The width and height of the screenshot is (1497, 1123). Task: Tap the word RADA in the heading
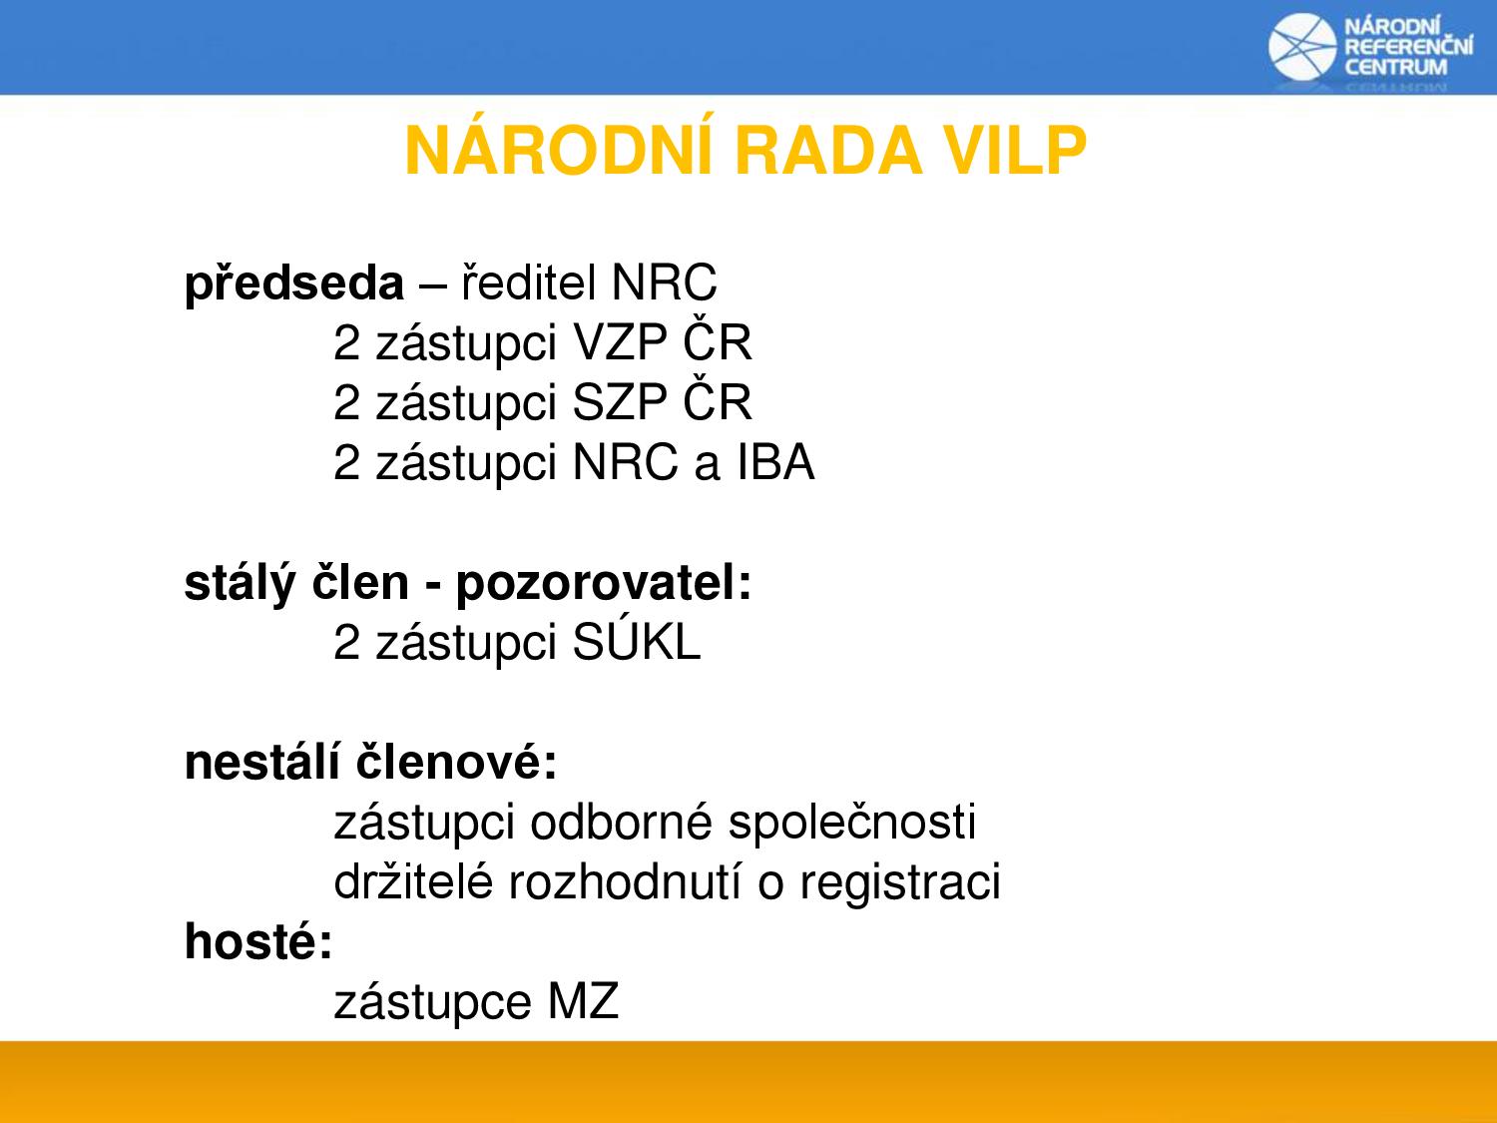828,151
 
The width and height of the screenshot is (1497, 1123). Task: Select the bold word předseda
294,283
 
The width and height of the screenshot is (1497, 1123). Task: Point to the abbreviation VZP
620,342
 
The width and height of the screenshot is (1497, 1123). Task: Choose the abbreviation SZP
620,402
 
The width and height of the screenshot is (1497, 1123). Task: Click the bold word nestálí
261,762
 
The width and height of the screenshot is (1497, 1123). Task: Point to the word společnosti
852,823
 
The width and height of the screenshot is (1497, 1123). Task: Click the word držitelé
413,881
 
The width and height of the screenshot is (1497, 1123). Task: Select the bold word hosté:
258,941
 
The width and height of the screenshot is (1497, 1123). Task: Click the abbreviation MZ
583,1001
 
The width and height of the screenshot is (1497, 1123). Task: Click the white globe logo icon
1302,47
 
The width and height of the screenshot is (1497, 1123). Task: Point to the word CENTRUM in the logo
1395,68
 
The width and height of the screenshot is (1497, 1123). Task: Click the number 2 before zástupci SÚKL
346,642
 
